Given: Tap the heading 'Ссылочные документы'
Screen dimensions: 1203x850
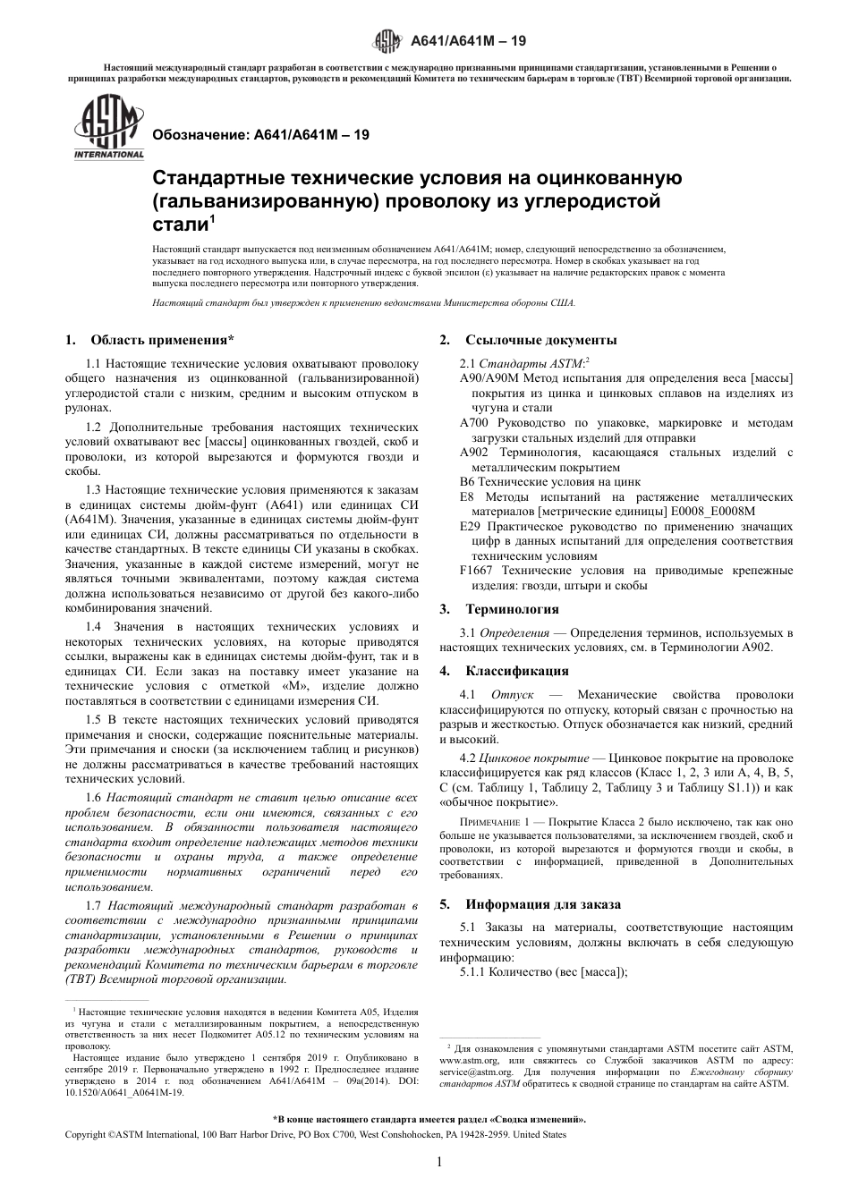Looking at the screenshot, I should (540, 340).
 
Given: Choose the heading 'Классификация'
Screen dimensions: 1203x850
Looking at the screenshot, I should (516, 670).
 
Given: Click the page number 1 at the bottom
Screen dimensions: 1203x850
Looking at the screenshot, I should (439, 1162).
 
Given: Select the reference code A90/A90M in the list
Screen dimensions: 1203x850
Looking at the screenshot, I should (489, 378).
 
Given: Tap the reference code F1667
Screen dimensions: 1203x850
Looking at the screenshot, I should (477, 571).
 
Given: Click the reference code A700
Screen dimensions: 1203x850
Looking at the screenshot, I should (473, 423).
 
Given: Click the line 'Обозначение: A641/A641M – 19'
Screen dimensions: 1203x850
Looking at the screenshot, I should (261, 135).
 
